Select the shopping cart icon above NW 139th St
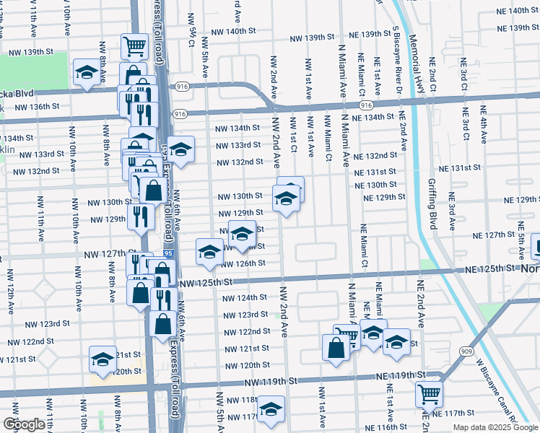click(134, 47)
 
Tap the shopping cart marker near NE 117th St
click(429, 393)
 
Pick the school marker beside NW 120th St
click(103, 359)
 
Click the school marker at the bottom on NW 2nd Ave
click(271, 409)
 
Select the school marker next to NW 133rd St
click(181, 149)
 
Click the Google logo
click(24, 424)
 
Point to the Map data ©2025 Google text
click(495, 427)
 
